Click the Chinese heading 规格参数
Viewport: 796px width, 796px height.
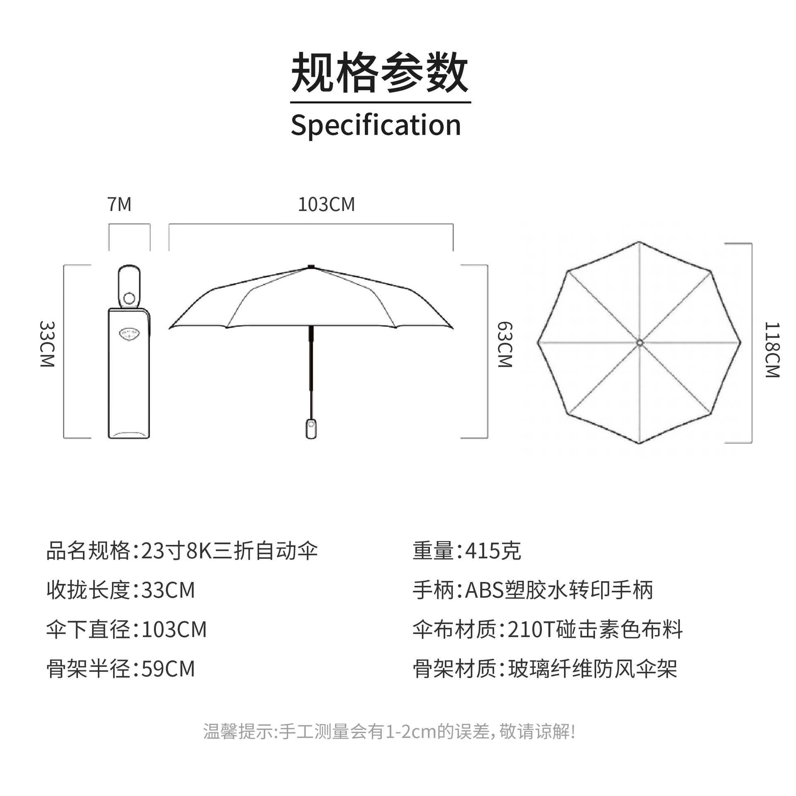click(380, 73)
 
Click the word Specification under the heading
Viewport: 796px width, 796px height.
click(376, 125)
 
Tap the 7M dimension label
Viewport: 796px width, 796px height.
click(119, 204)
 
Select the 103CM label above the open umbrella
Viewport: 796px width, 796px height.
click(326, 204)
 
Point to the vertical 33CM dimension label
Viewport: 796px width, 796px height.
click(47, 344)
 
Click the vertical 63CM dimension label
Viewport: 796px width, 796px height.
click(505, 344)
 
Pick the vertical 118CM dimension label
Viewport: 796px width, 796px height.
click(772, 349)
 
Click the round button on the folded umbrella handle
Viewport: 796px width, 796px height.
click(129, 298)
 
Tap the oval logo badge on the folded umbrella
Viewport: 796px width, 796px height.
click(129, 333)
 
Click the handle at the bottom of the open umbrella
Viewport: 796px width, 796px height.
click(311, 429)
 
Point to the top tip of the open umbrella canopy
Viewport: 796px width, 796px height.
click(311, 267)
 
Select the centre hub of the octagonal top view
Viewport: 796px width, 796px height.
click(639, 342)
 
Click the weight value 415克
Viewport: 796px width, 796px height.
click(493, 551)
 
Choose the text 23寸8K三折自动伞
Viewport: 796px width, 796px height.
click(229, 551)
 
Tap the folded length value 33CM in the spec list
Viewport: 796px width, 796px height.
click(168, 590)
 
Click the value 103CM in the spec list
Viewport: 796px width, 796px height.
click(174, 629)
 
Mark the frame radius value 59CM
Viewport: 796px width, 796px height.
click(168, 669)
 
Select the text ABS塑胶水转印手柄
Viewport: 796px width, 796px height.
click(559, 590)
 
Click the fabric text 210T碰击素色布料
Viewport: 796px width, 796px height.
click(595, 629)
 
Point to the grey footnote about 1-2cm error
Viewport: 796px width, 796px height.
click(389, 731)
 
